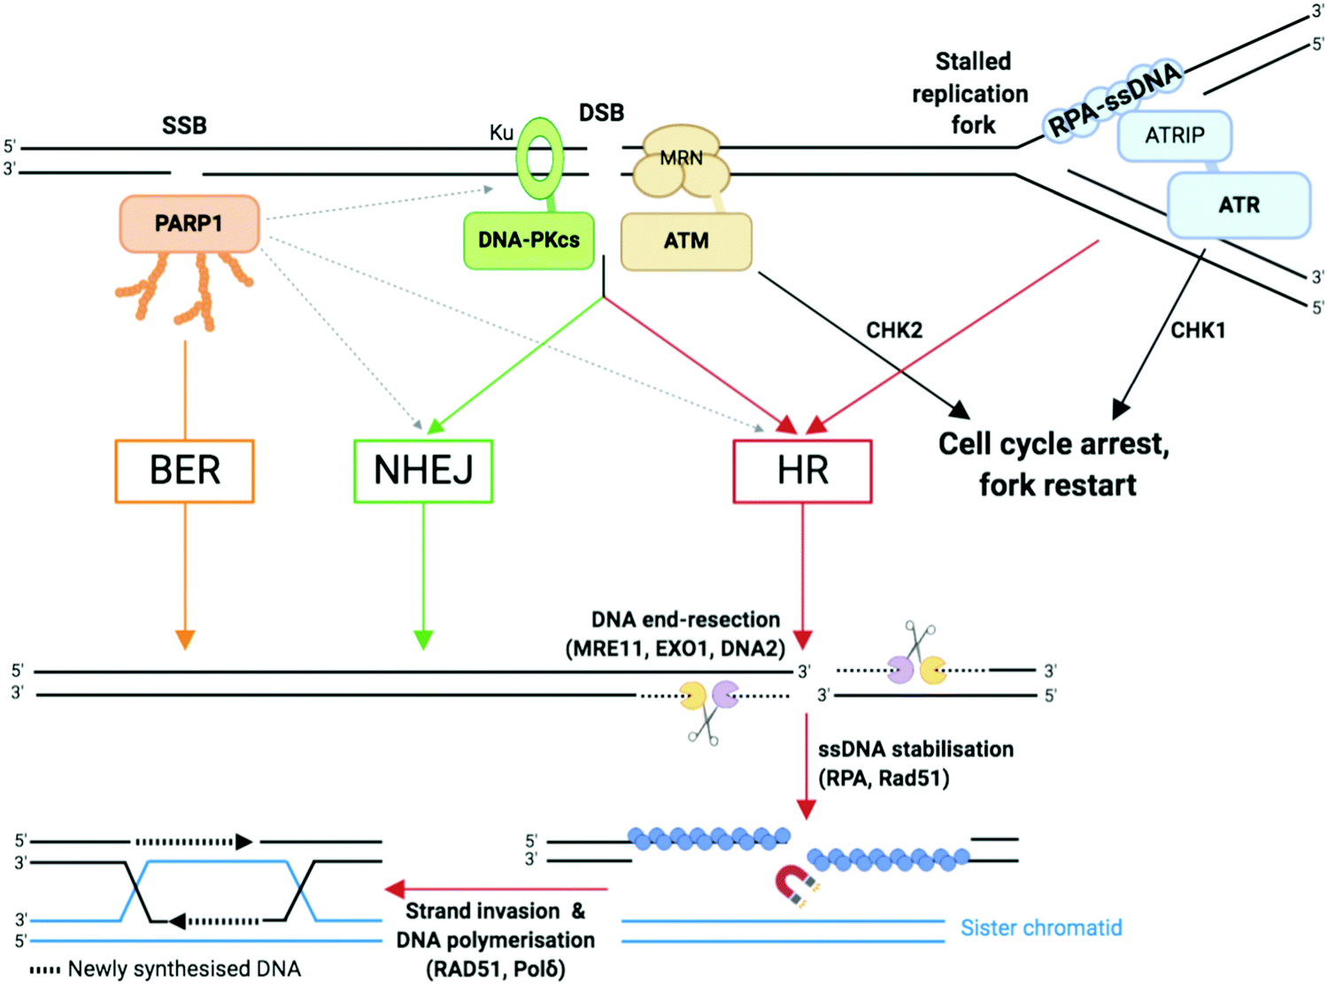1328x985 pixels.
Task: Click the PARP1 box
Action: click(x=189, y=223)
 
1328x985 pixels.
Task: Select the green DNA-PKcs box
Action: click(x=529, y=240)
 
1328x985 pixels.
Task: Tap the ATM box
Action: click(x=686, y=241)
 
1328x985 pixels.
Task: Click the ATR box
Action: click(x=1239, y=205)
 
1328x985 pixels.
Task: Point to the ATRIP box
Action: click(x=1175, y=135)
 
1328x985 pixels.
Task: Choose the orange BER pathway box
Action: click(x=184, y=471)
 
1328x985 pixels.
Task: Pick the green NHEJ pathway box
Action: click(x=423, y=471)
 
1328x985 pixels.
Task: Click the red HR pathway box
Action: click(x=802, y=471)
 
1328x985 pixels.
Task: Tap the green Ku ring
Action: click(x=540, y=159)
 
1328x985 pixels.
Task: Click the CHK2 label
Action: click(x=894, y=330)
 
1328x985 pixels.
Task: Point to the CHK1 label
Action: click(x=1198, y=330)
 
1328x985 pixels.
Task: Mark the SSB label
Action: click(x=184, y=126)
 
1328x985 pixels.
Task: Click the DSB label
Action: click(x=601, y=113)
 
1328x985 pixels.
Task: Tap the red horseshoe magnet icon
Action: click(x=793, y=885)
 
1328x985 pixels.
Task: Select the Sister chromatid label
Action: click(x=1041, y=927)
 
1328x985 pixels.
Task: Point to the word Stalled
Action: click(x=973, y=61)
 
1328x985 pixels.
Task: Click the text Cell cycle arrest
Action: click(x=1054, y=443)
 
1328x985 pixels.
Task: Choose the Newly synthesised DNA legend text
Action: click(x=184, y=969)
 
